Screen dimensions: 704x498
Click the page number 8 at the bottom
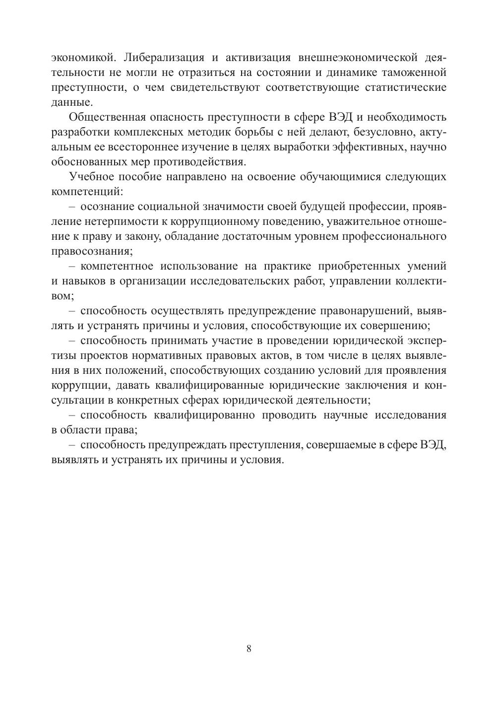pyautogui.click(x=249, y=649)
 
